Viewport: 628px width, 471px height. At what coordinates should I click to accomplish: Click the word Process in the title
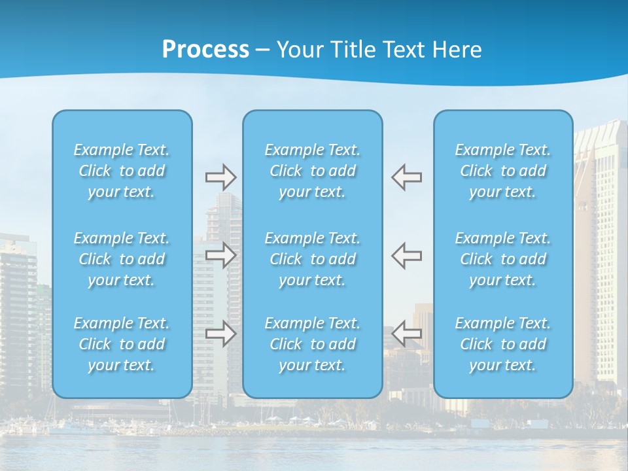[205, 50]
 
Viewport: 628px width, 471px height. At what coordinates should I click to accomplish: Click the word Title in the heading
[353, 50]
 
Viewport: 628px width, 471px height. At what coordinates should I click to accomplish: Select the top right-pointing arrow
[220, 177]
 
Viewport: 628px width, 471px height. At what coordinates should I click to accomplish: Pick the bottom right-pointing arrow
[220, 334]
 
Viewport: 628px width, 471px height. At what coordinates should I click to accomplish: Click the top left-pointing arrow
[407, 177]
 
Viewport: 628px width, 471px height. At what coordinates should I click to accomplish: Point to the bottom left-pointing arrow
[407, 334]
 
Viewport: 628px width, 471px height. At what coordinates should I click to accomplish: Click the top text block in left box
[122, 171]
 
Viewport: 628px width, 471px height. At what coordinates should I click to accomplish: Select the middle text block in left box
[122, 259]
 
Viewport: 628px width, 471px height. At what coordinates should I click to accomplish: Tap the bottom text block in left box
[122, 344]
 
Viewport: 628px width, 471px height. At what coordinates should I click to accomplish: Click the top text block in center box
[313, 171]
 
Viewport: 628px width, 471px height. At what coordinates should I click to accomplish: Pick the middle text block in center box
[313, 259]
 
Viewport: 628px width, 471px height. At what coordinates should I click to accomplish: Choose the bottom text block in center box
[313, 344]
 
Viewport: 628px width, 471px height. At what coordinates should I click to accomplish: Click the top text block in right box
[503, 171]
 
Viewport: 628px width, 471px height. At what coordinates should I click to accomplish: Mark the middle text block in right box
[503, 259]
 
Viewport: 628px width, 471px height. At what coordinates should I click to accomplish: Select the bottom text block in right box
[503, 344]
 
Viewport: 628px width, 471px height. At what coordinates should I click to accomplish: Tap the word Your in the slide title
[299, 50]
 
